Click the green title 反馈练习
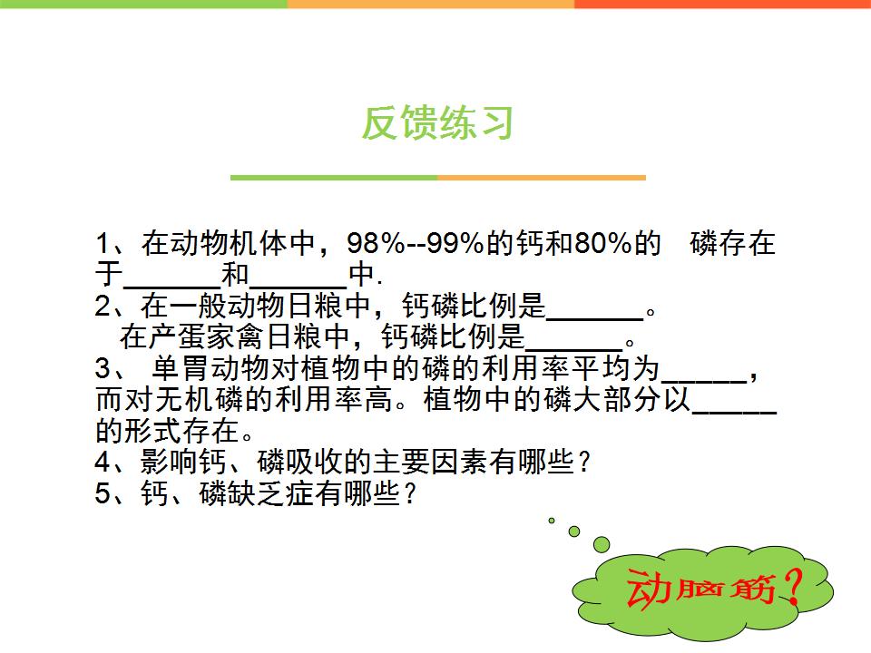pyautogui.click(x=437, y=122)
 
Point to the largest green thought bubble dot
pyautogui.click(x=602, y=544)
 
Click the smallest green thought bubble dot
pyautogui.click(x=551, y=521)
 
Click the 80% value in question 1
pyautogui.click(x=603, y=243)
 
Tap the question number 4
pyautogui.click(x=103, y=462)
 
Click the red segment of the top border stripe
pyautogui.click(x=722, y=4)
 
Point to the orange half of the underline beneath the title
pyautogui.click(x=542, y=178)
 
